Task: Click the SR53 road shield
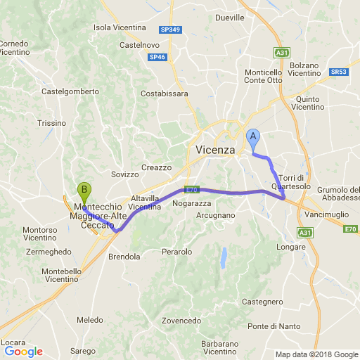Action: pos(339,72)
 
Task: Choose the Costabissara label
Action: pos(165,93)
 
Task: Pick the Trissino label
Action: pos(51,122)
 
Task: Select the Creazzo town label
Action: pos(156,167)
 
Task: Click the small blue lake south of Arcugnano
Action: pos(224,258)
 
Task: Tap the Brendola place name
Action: pos(124,257)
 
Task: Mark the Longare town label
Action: pos(291,247)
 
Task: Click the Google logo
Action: pos(23,352)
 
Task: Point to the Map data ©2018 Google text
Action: pos(316,354)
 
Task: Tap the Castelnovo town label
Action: pos(138,44)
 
